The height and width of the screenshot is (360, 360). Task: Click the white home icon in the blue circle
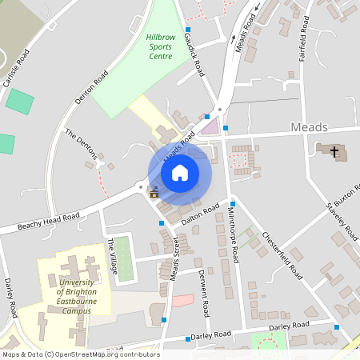180,172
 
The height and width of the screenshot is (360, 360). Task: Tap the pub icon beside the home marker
154,191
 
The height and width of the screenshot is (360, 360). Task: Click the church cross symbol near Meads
333,150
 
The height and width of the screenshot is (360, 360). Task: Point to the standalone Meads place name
309,127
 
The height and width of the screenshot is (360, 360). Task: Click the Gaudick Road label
195,49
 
